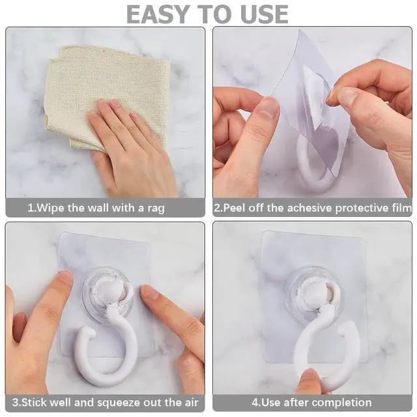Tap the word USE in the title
tap(265, 14)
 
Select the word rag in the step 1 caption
tap(156, 208)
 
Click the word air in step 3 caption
tap(192, 402)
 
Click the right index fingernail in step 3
tap(150, 293)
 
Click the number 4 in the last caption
tap(255, 403)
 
